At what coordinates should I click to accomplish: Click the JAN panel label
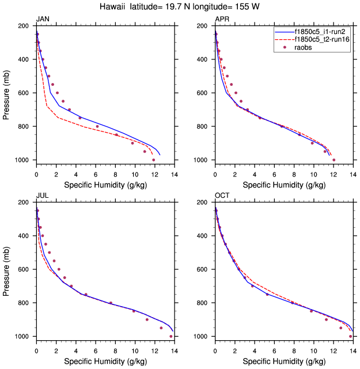click(43, 20)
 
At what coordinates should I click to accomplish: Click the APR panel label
click(222, 20)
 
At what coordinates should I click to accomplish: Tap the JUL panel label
click(42, 196)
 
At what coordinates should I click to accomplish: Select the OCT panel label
click(222, 196)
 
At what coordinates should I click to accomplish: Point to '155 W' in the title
click(244, 7)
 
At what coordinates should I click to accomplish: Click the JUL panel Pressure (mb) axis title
click(7, 269)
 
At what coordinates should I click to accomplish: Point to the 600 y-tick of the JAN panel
click(25, 93)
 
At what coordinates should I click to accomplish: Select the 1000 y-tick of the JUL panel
click(23, 336)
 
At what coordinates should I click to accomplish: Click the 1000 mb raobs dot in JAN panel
click(154, 160)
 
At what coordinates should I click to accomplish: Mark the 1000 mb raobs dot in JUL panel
click(171, 336)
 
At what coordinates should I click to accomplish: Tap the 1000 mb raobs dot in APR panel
click(334, 160)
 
